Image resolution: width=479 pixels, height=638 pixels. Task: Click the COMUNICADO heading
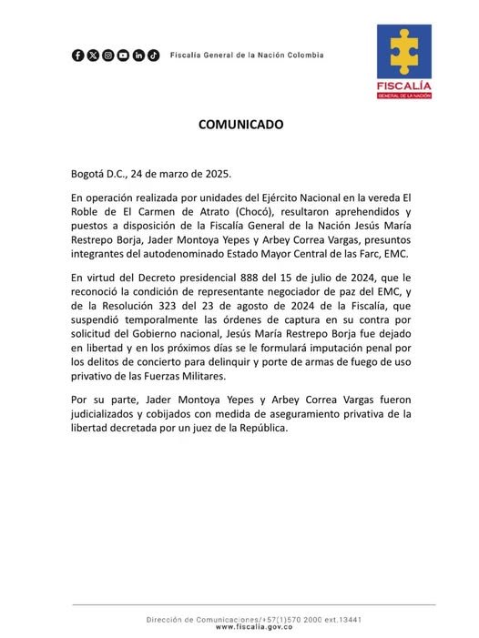tap(240, 125)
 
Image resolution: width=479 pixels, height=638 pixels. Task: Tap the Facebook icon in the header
tap(78, 56)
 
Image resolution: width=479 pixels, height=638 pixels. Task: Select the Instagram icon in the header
tap(108, 56)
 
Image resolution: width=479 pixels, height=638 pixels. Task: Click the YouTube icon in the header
tap(123, 56)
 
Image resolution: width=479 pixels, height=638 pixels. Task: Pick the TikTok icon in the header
tap(153, 56)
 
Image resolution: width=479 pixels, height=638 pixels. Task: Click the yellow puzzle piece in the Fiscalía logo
tap(404, 53)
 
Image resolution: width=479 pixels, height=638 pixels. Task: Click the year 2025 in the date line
tap(192, 173)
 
